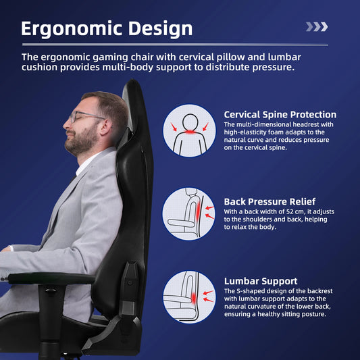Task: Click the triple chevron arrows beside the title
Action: click(317, 27)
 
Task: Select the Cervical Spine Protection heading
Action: click(280, 115)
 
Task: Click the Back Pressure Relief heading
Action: click(269, 201)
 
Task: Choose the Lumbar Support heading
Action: click(261, 281)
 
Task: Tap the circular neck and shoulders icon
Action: click(189, 130)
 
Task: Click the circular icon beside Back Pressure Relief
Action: click(189, 214)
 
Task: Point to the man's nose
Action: click(66, 122)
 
